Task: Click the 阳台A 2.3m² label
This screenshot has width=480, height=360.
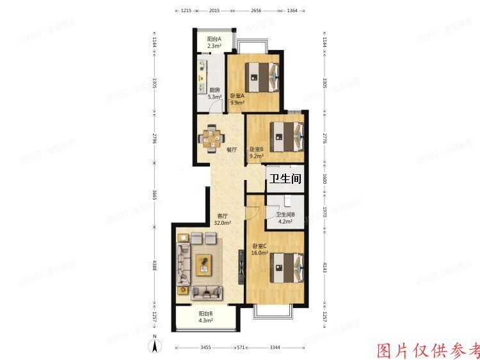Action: tap(214, 43)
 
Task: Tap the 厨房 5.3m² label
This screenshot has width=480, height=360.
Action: tap(215, 94)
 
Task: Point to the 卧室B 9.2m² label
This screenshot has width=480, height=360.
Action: tap(256, 152)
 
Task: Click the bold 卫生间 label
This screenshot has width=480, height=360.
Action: tap(285, 179)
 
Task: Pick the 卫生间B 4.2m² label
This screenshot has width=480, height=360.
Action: tap(285, 218)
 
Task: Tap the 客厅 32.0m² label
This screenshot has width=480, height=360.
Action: tap(223, 219)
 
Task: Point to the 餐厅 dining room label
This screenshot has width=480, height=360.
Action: tap(232, 150)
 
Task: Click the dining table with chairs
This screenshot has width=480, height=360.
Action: tap(211, 138)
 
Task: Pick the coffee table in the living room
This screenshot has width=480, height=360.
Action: tap(204, 263)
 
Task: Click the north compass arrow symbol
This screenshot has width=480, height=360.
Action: tap(154, 347)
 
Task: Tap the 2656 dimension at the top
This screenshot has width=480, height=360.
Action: tap(256, 11)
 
